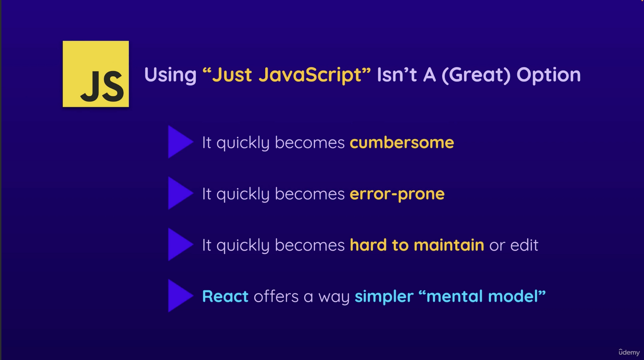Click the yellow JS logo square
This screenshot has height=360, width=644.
pyautogui.click(x=96, y=74)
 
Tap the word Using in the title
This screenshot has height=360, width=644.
pyautogui.click(x=170, y=75)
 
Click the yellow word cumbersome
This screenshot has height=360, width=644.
pyautogui.click(x=401, y=142)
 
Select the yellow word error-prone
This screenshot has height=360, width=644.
pyautogui.click(x=397, y=194)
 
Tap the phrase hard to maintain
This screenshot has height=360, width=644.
pyautogui.click(x=417, y=245)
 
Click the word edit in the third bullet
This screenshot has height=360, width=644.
pyautogui.click(x=524, y=245)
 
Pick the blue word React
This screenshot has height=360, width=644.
pyautogui.click(x=225, y=296)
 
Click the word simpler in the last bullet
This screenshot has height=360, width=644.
pyautogui.click(x=383, y=297)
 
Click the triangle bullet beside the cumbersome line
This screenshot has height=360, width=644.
pyautogui.click(x=179, y=142)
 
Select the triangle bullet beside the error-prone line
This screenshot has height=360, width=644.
pyautogui.click(x=179, y=193)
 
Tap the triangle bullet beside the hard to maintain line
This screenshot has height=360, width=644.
pyautogui.click(x=179, y=245)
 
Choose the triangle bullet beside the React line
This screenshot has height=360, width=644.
pyautogui.click(x=179, y=296)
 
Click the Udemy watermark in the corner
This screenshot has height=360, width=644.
pyautogui.click(x=629, y=352)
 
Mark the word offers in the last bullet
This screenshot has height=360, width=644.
pyautogui.click(x=276, y=296)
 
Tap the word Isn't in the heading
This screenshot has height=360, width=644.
pyautogui.click(x=397, y=75)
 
